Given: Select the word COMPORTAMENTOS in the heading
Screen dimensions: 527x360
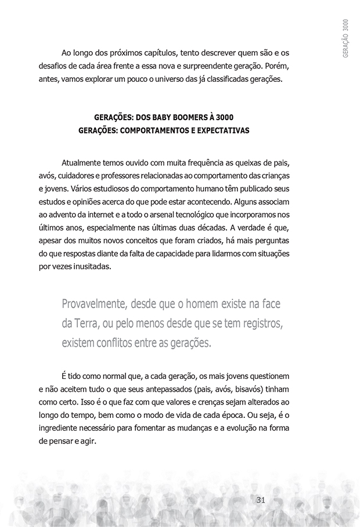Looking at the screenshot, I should [x=157, y=131].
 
